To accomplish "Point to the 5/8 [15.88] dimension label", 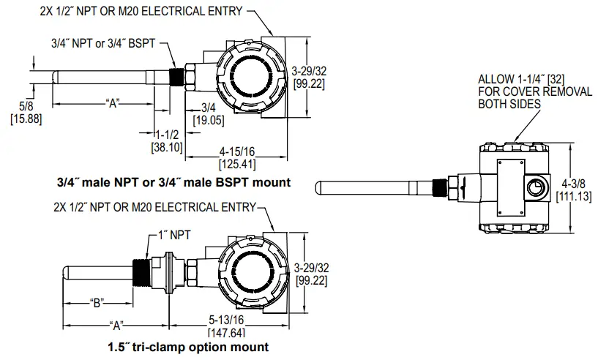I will (20, 112).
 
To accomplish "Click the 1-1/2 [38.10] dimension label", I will (166, 141).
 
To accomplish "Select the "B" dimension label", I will (94, 301).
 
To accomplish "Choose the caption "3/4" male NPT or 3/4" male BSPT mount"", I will (173, 181).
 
